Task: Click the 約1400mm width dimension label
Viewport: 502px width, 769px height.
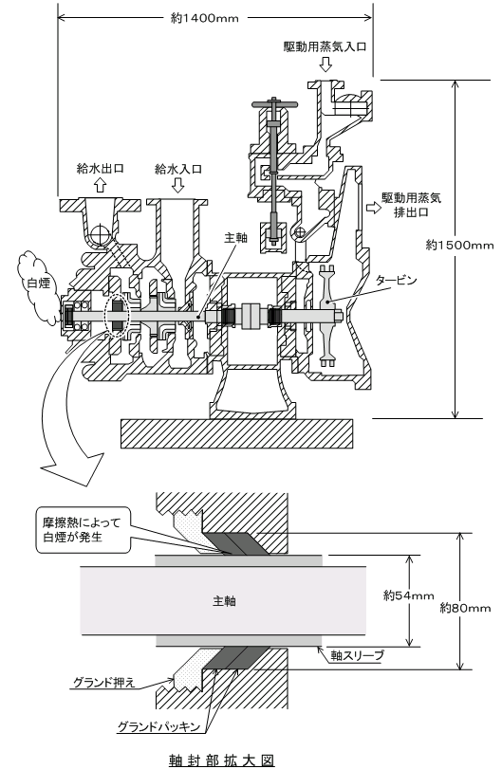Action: tap(205, 18)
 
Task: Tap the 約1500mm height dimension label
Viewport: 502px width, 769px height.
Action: tap(459, 245)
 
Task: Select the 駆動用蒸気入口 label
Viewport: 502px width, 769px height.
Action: tap(325, 46)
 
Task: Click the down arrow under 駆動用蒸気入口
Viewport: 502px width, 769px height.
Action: tap(325, 64)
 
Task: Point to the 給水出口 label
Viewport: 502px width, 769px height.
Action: tap(100, 168)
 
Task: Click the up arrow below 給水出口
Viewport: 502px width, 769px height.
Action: tap(100, 184)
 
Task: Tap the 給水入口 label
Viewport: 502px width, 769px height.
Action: tap(178, 169)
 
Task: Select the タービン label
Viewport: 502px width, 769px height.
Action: tap(396, 281)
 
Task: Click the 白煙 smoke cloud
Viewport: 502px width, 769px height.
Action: tap(37, 288)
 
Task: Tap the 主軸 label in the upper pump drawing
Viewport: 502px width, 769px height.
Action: tap(235, 238)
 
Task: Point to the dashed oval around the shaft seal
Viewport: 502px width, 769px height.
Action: tap(117, 316)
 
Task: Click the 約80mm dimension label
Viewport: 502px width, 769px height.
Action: tap(466, 608)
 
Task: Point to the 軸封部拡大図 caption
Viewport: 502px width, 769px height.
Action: tap(221, 760)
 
